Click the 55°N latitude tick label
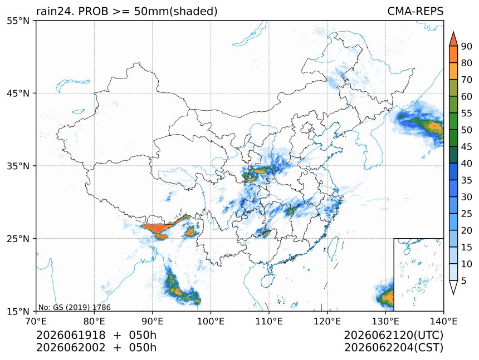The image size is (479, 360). pyautogui.click(x=18, y=21)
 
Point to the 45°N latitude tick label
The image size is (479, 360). pyautogui.click(x=18, y=93)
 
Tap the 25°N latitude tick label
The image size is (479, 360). pyautogui.click(x=18, y=238)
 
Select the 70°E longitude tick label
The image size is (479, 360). pyautogui.click(x=36, y=321)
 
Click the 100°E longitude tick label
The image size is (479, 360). pyautogui.click(x=211, y=321)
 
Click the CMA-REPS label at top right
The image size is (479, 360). pyautogui.click(x=415, y=11)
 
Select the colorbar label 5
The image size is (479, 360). pyautogui.click(x=464, y=280)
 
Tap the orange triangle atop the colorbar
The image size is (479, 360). pyautogui.click(x=453, y=39)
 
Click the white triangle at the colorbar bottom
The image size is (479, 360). pyautogui.click(x=453, y=287)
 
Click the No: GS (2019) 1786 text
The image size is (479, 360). pyautogui.click(x=75, y=307)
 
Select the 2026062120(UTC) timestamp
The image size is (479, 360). pyautogui.click(x=393, y=335)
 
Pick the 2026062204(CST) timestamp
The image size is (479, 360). pyautogui.click(x=393, y=348)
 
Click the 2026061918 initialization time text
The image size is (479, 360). pyautogui.click(x=71, y=335)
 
